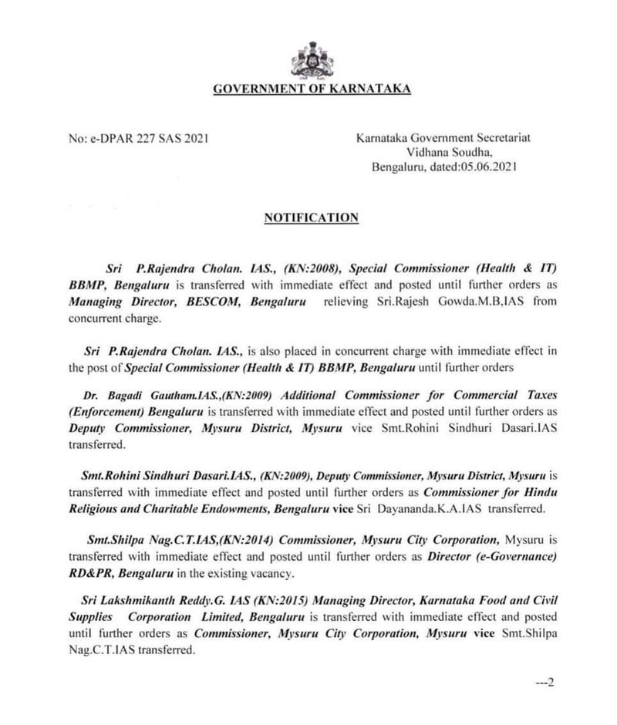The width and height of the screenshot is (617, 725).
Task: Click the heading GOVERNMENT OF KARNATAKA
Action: point(312,89)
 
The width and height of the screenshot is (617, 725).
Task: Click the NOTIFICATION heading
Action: point(311,218)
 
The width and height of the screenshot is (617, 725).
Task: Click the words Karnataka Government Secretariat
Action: point(443,138)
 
